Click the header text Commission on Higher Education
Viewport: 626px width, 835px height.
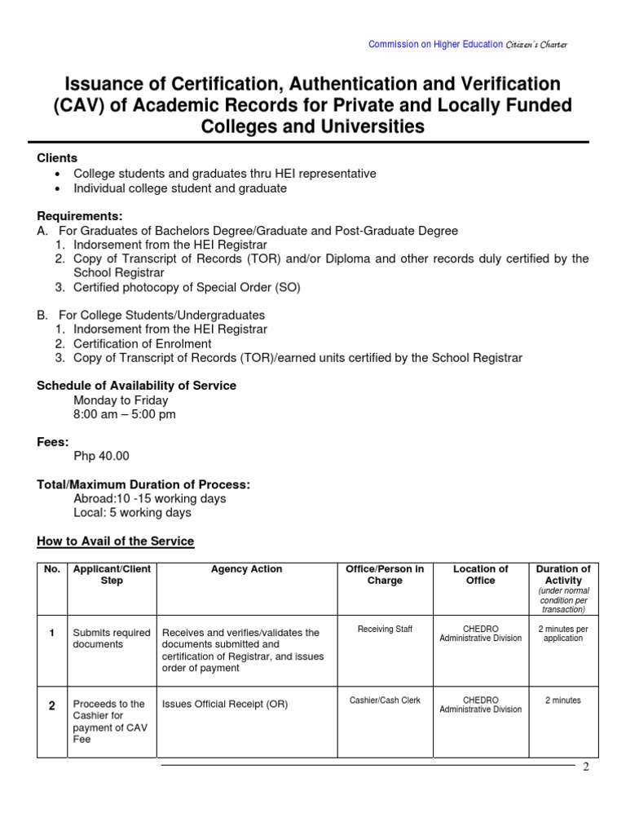point(435,44)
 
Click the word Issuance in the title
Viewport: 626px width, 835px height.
point(104,84)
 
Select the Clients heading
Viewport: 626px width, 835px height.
point(57,158)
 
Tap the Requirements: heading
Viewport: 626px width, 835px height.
point(80,216)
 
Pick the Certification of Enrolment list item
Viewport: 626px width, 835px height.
point(142,343)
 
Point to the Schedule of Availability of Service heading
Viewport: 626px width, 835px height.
point(136,386)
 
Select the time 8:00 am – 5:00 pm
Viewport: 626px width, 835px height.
point(124,414)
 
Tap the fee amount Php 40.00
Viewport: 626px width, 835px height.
point(101,456)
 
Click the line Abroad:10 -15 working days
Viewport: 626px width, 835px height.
point(149,498)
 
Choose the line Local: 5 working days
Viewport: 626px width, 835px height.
point(132,513)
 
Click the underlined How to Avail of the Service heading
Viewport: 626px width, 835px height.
point(116,541)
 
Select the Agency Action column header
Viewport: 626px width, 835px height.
point(246,569)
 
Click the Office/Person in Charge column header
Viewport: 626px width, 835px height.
point(385,575)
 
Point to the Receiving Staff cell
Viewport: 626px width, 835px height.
point(385,630)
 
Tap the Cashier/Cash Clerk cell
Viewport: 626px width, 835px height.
point(385,700)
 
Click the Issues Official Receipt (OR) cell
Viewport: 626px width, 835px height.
point(225,704)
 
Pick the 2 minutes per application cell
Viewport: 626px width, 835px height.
point(563,634)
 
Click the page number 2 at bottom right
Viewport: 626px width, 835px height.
point(585,768)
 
